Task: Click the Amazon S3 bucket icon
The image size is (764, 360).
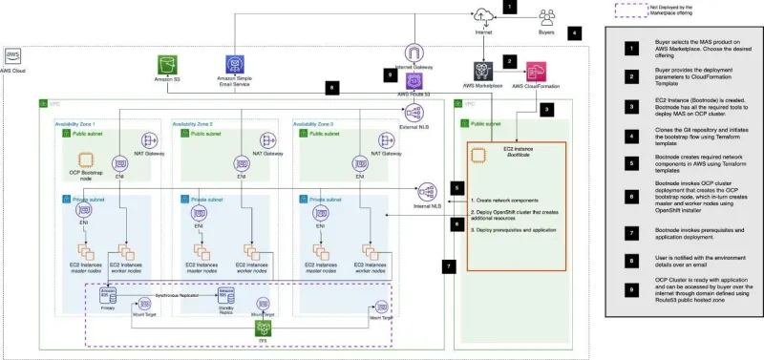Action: point(168,66)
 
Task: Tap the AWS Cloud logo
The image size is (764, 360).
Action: point(15,55)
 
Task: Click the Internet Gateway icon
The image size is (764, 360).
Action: point(414,54)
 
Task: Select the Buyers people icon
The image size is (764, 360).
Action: point(546,15)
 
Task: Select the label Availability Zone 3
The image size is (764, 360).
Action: point(317,124)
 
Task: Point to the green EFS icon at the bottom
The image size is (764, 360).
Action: point(261,326)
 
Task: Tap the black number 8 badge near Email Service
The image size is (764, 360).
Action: point(330,87)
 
